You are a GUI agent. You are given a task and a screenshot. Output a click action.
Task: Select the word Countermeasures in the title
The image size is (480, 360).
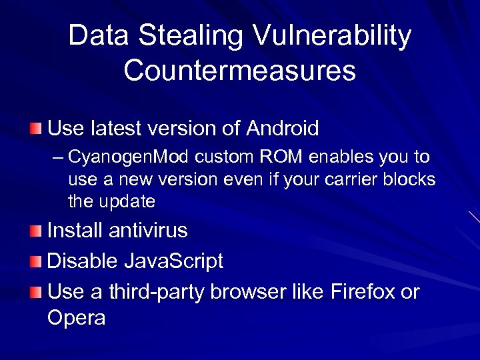[x=240, y=71]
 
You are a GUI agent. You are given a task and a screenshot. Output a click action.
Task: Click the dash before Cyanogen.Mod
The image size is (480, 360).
[x=57, y=158]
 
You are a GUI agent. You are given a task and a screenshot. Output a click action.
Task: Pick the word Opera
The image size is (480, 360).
[x=77, y=319]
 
